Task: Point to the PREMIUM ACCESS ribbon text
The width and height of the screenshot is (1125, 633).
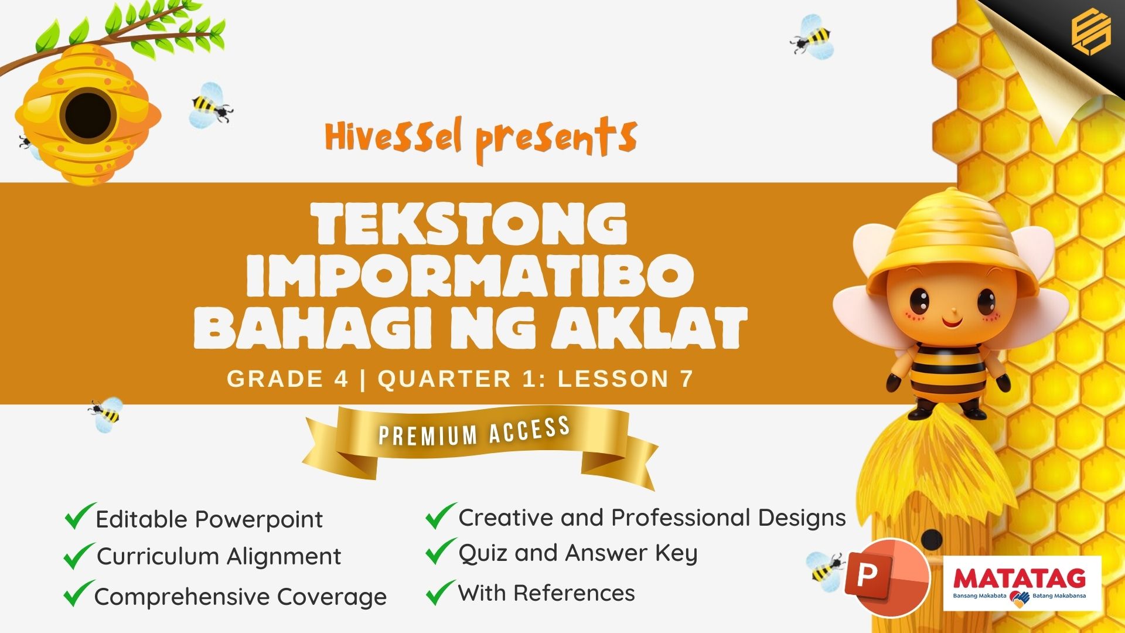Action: (x=475, y=431)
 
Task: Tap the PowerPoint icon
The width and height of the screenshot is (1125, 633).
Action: (x=888, y=577)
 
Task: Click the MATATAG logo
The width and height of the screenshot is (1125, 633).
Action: (x=1022, y=583)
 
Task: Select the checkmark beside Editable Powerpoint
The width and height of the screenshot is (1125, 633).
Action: (x=79, y=516)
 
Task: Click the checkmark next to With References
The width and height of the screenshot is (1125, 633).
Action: (x=441, y=592)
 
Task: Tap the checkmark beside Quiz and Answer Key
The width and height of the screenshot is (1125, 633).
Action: (x=441, y=552)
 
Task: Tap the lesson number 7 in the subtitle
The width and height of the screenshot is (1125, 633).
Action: (x=687, y=379)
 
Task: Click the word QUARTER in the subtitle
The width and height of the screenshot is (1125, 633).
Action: (x=445, y=379)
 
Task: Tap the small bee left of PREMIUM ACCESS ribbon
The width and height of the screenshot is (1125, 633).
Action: (x=106, y=414)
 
